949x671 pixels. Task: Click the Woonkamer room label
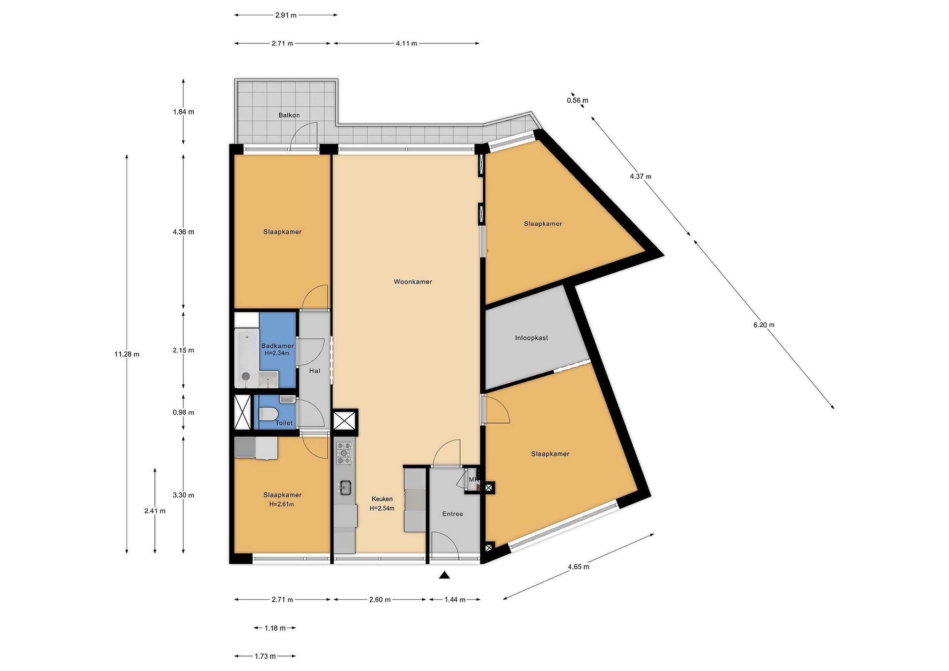pyautogui.click(x=413, y=282)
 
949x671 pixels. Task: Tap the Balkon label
pyautogui.click(x=289, y=115)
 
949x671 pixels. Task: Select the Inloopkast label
pyautogui.click(x=532, y=338)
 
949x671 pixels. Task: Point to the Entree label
pyautogui.click(x=453, y=514)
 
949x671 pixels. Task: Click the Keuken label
pyautogui.click(x=382, y=499)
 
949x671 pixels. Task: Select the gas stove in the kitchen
pyautogui.click(x=344, y=453)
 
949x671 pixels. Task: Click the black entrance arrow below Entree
pyautogui.click(x=444, y=575)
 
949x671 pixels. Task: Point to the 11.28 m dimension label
pyautogui.click(x=127, y=354)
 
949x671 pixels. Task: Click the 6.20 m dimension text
pyautogui.click(x=764, y=325)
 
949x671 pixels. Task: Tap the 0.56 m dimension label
pyautogui.click(x=577, y=100)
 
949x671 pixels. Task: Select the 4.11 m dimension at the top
pyautogui.click(x=406, y=43)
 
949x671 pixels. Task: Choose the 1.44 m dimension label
pyautogui.click(x=455, y=600)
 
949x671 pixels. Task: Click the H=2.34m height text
pyautogui.click(x=277, y=353)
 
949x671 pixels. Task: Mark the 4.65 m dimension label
pyautogui.click(x=578, y=567)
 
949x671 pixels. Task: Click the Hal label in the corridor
pyautogui.click(x=315, y=371)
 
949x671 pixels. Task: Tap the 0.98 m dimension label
pyautogui.click(x=183, y=413)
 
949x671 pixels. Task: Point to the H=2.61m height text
pyautogui.click(x=281, y=505)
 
